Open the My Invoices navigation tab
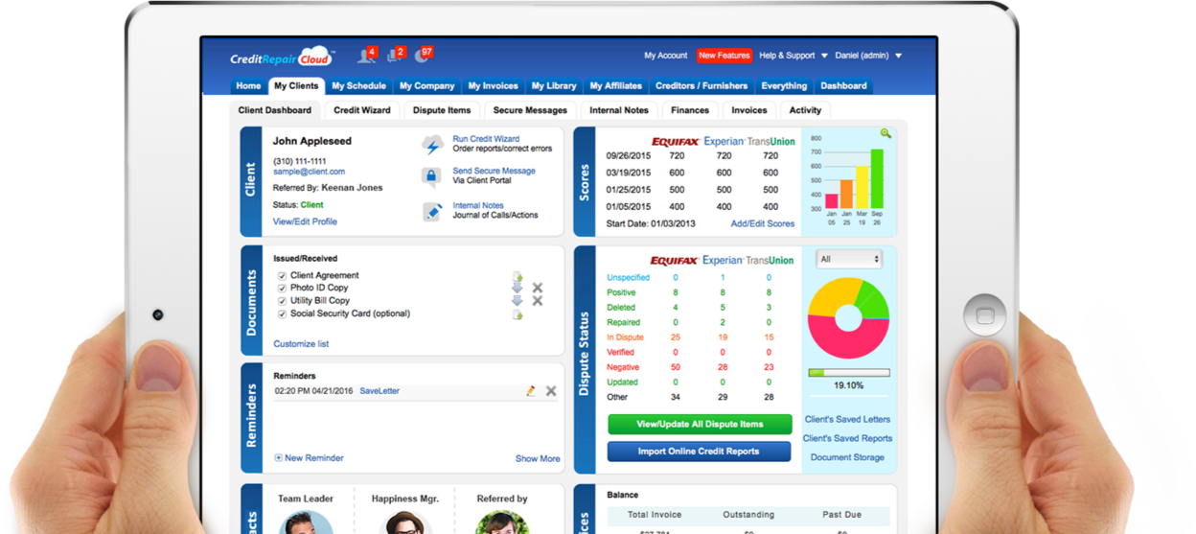tap(493, 86)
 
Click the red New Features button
tap(724, 56)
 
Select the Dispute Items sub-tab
tap(442, 110)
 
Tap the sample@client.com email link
tap(309, 172)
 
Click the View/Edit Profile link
tap(305, 221)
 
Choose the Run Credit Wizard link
tap(486, 139)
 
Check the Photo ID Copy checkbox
tap(283, 288)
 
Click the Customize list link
tap(301, 343)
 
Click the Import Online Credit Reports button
tap(699, 452)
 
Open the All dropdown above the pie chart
tap(849, 259)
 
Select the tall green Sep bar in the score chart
tap(876, 178)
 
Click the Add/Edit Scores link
tap(762, 223)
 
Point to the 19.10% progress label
tap(848, 385)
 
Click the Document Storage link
tap(847, 457)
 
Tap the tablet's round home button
tap(984, 314)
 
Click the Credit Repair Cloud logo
tap(281, 58)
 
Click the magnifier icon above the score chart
tap(885, 134)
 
